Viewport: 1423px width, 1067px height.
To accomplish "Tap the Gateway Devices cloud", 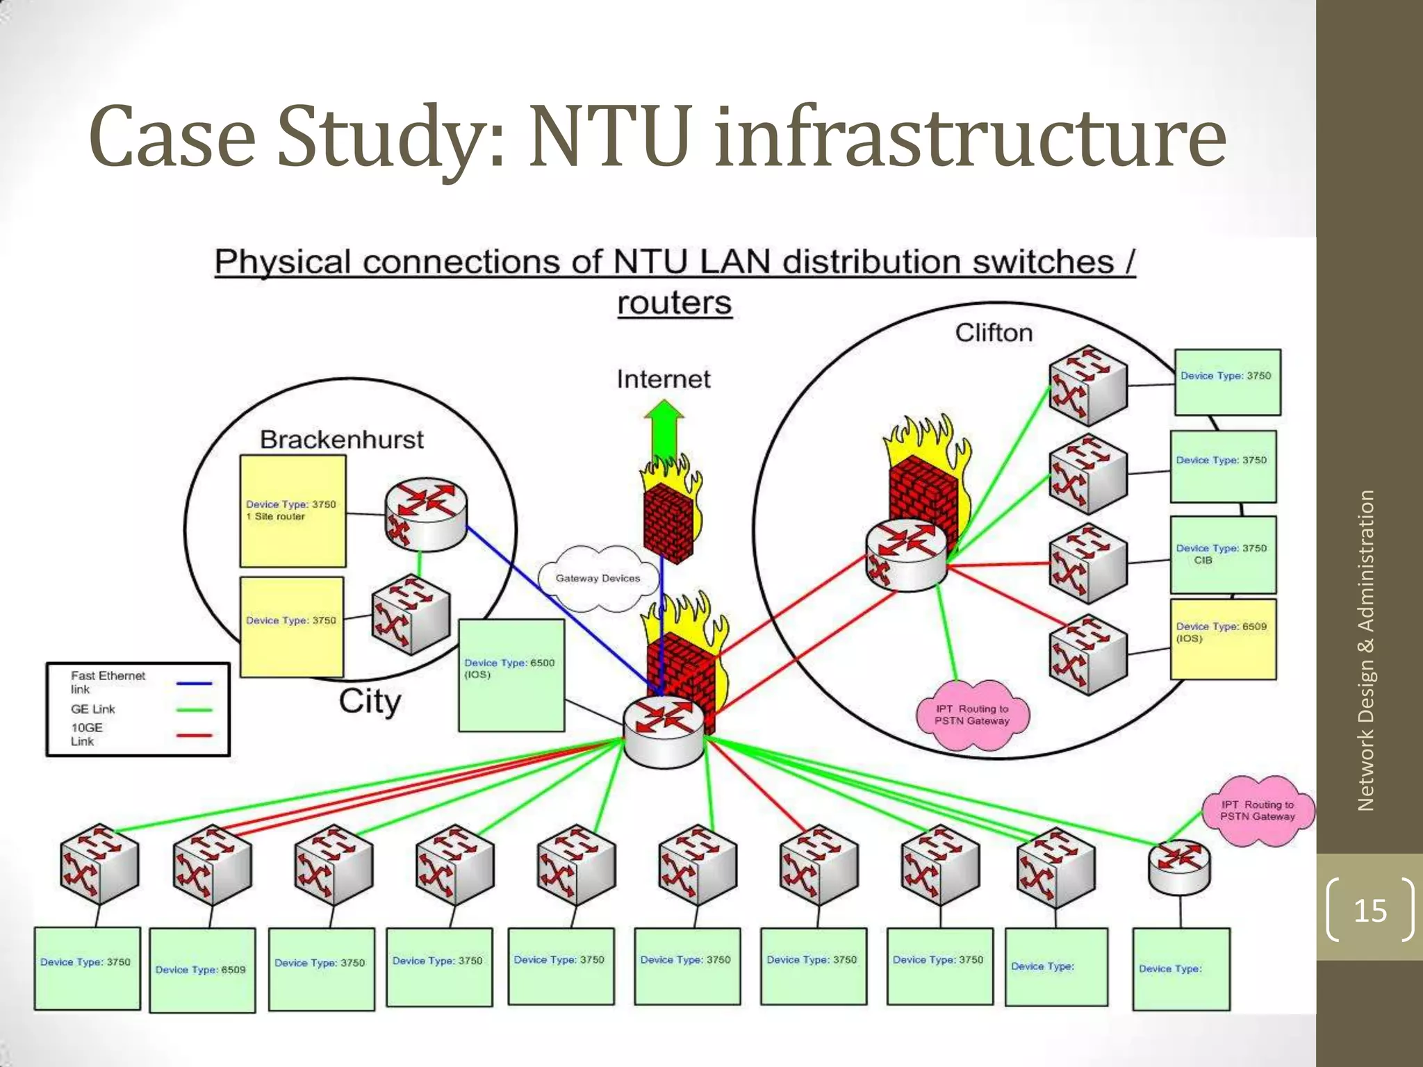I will click(x=598, y=578).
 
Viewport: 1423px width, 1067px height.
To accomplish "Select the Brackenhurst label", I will click(x=341, y=440).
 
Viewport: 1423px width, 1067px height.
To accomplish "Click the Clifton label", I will click(x=994, y=333).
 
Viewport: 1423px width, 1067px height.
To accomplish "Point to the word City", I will click(x=370, y=702).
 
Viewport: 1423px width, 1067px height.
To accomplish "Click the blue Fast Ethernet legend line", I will click(x=194, y=684).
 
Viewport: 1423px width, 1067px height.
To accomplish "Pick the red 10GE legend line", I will click(x=194, y=735).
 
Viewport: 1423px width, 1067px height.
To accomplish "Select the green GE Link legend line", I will click(x=194, y=709).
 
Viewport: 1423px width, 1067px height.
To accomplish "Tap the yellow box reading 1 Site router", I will click(x=293, y=511).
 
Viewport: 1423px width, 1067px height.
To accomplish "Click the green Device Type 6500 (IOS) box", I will click(x=511, y=675).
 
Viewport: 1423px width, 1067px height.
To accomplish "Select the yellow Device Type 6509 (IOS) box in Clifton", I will click(x=1223, y=639).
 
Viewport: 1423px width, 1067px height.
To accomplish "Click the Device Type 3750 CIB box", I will click(x=1223, y=554).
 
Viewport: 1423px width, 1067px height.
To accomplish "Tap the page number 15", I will click(x=1369, y=911).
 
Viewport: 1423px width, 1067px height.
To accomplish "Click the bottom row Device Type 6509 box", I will click(x=201, y=970).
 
